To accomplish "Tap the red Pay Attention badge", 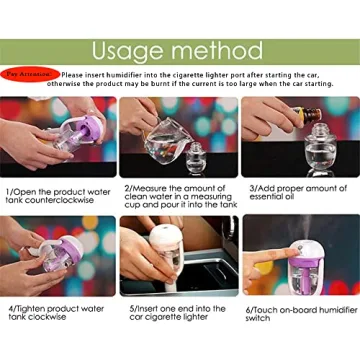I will pyautogui.click(x=29, y=74).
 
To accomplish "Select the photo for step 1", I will pyautogui.click(x=58, y=137).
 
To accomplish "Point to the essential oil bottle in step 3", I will pyautogui.click(x=300, y=115).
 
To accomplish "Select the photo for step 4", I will pyautogui.click(x=58, y=255).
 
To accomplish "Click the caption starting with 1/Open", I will pyautogui.click(x=56, y=194).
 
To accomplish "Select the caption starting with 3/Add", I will pyautogui.click(x=298, y=192).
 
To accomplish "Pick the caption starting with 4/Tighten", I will pyautogui.click(x=55, y=312).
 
